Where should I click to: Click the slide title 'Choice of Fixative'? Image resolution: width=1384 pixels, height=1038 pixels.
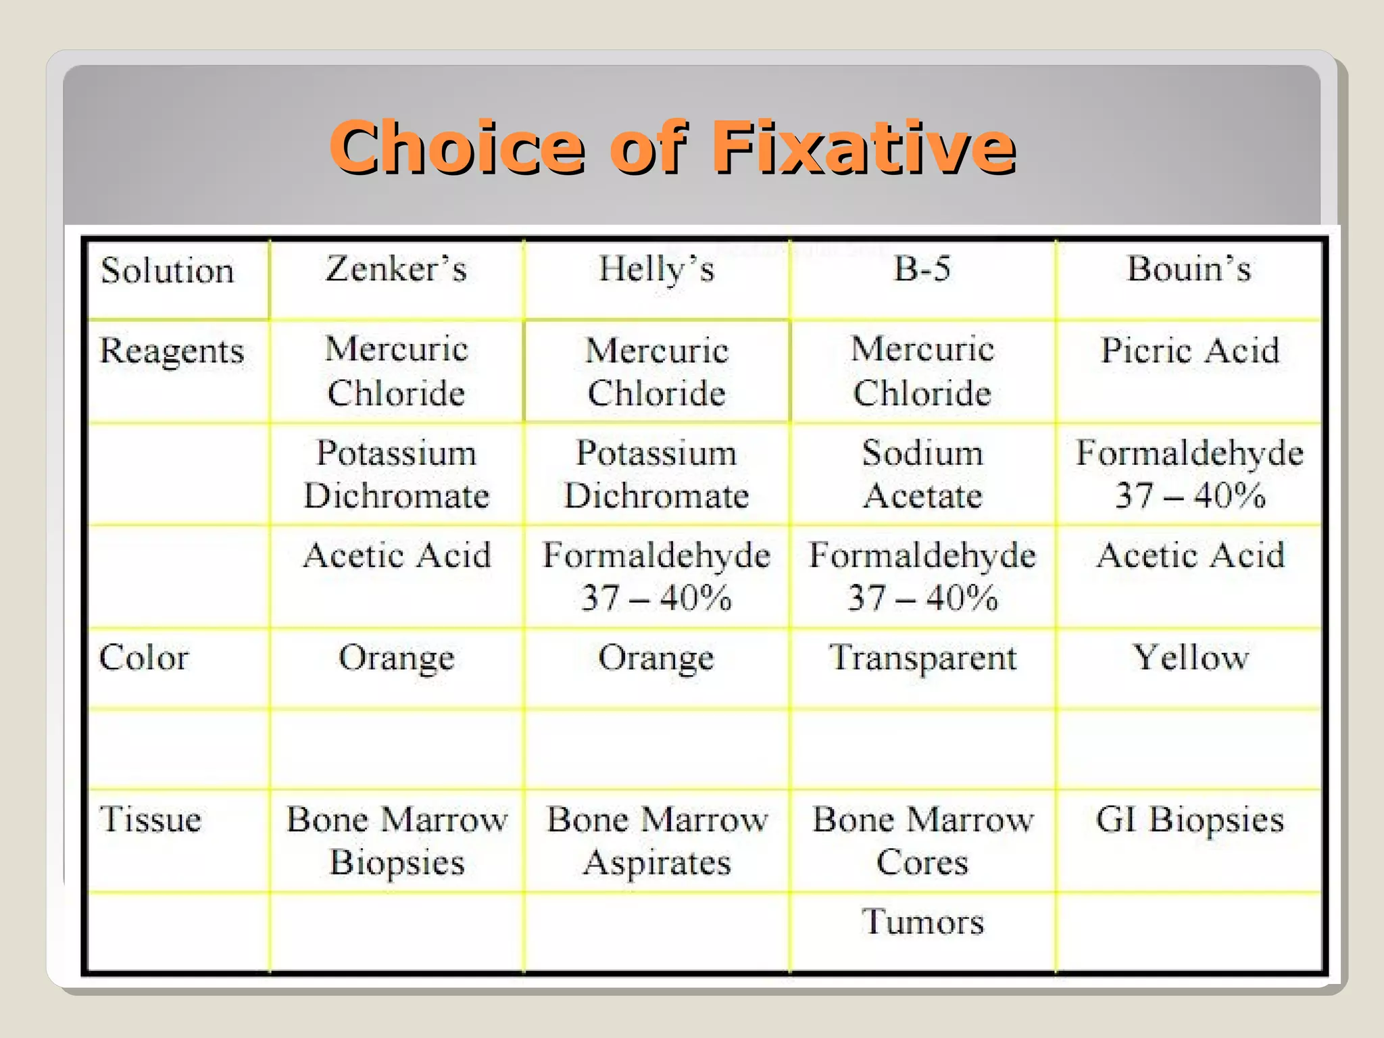(672, 147)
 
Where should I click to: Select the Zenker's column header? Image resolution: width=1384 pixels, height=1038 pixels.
(397, 269)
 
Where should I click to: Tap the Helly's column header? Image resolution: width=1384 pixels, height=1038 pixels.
(656, 269)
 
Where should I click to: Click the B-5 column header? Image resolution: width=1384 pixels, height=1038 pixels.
(922, 268)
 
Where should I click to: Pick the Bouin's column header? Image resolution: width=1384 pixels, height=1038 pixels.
(1189, 268)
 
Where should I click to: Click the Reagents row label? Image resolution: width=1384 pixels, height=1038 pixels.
(172, 351)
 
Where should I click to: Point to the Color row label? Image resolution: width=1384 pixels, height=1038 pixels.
(144, 658)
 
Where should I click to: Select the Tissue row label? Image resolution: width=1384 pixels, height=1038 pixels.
(151, 820)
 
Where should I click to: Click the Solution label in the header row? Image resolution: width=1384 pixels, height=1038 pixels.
(168, 271)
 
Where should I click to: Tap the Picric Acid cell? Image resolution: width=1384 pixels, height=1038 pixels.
(1190, 351)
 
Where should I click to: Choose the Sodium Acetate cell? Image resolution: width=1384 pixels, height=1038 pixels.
(922, 474)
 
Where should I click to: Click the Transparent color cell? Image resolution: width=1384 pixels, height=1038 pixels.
(922, 658)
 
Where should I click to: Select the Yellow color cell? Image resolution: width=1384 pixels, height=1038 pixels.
(1190, 658)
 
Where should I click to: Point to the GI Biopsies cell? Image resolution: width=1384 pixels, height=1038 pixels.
(1189, 820)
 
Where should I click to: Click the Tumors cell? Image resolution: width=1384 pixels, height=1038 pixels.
(922, 922)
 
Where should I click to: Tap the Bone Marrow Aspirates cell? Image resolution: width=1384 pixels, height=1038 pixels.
(657, 841)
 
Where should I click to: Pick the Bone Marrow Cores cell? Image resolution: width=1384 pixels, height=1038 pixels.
(922, 841)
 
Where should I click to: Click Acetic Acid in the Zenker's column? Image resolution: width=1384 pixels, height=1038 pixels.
(397, 555)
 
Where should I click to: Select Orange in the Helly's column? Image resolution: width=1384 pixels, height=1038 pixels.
(656, 658)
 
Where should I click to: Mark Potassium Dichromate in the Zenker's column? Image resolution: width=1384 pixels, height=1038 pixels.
(397, 474)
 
